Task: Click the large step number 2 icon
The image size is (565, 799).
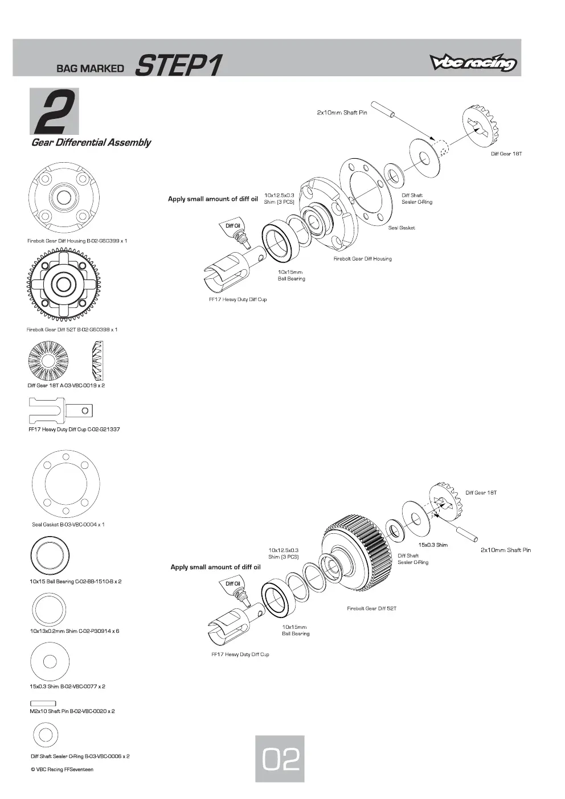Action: click(x=54, y=111)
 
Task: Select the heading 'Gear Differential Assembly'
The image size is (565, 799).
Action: click(x=91, y=143)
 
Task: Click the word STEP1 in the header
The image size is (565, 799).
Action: click(x=178, y=65)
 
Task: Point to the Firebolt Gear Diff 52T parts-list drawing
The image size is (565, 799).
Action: click(x=64, y=285)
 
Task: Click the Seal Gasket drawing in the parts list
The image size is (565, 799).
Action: click(x=65, y=484)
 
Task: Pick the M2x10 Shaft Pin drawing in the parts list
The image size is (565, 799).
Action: click(x=43, y=703)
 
